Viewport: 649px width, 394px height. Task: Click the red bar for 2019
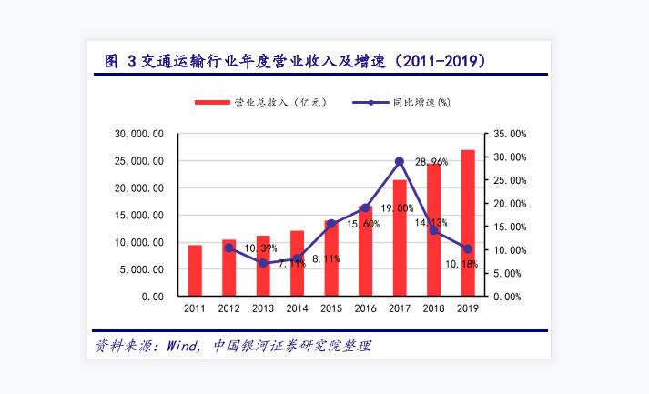click(x=468, y=223)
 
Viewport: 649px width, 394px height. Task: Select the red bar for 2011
click(x=195, y=270)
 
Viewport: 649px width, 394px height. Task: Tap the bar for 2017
click(x=400, y=237)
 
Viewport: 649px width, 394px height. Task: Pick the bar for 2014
click(x=297, y=263)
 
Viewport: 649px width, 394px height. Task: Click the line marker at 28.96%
click(x=400, y=162)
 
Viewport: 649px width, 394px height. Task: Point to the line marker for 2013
click(x=263, y=263)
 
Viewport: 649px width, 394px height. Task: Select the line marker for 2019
click(x=468, y=248)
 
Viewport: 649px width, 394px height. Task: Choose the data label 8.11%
click(x=326, y=258)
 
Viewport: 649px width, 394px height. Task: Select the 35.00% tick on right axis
click(x=507, y=134)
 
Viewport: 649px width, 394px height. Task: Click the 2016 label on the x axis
click(x=365, y=309)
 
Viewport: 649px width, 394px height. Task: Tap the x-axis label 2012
click(x=228, y=309)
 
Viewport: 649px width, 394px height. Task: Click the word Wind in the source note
click(x=180, y=346)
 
